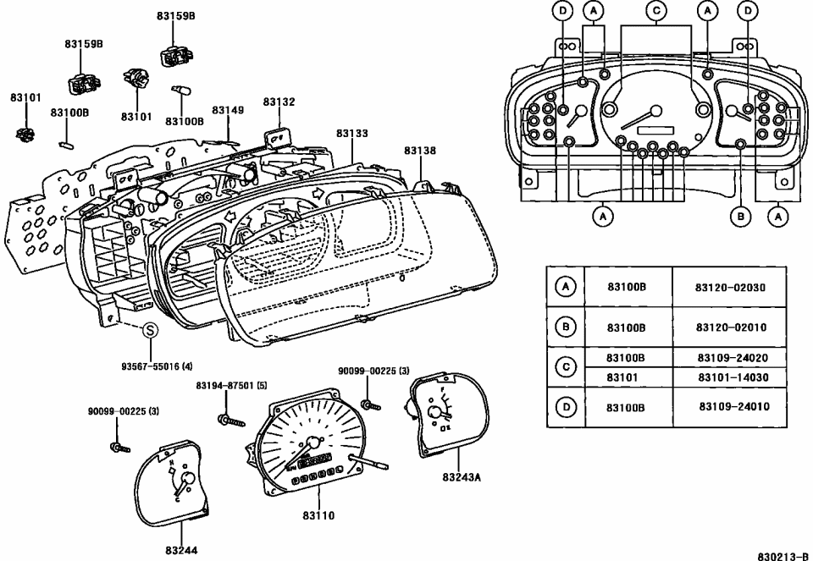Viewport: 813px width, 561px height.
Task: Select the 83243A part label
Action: click(x=461, y=477)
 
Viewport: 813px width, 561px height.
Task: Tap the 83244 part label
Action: click(x=181, y=551)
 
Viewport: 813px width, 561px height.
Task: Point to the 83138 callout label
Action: click(x=419, y=151)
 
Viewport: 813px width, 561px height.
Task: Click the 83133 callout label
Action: click(x=351, y=134)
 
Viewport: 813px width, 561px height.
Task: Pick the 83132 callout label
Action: click(x=279, y=102)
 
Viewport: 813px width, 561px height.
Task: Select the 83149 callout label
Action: click(x=228, y=110)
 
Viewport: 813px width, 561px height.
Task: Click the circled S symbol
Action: click(x=148, y=331)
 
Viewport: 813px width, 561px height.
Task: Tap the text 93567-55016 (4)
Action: click(x=157, y=366)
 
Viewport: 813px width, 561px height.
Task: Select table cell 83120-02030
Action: click(x=730, y=288)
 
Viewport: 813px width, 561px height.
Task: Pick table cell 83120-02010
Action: click(x=730, y=327)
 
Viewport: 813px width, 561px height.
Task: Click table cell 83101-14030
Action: click(x=733, y=377)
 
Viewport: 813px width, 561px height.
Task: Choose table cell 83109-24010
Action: click(x=733, y=407)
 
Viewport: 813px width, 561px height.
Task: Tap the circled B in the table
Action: click(x=566, y=327)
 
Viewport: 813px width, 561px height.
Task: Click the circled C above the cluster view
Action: click(x=655, y=10)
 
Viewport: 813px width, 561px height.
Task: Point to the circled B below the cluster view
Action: click(x=740, y=217)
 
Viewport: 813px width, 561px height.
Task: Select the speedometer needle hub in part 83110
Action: click(x=313, y=443)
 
